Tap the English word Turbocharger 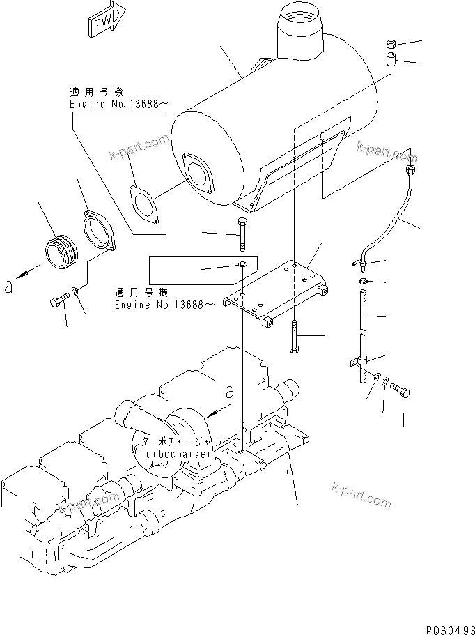click(176, 454)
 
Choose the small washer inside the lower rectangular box click(240, 265)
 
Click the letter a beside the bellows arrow click(8, 286)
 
